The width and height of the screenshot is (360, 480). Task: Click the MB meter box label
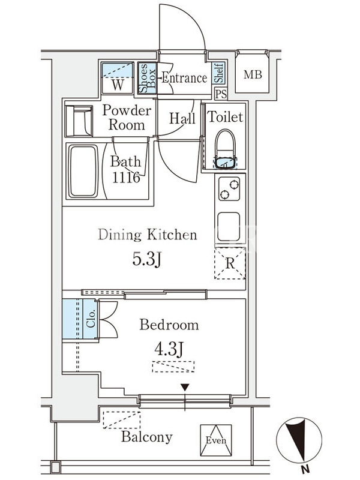click(x=253, y=74)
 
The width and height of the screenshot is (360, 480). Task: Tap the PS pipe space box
click(x=221, y=94)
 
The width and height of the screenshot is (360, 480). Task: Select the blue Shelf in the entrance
click(x=218, y=73)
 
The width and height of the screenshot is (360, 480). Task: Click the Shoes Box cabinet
click(x=147, y=78)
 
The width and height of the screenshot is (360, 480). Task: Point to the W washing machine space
click(x=118, y=78)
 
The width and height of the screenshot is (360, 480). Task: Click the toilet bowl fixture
click(x=226, y=149)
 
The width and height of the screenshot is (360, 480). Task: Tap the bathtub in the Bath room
click(x=83, y=172)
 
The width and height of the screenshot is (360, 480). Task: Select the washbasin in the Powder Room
click(x=79, y=121)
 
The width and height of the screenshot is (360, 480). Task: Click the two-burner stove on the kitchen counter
click(x=229, y=189)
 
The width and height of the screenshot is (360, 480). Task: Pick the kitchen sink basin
click(x=229, y=227)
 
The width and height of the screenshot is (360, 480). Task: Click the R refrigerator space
click(x=230, y=263)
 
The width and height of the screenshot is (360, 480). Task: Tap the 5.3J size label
click(x=146, y=260)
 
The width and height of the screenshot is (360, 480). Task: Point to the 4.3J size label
click(x=169, y=349)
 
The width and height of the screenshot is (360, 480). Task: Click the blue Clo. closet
click(x=80, y=319)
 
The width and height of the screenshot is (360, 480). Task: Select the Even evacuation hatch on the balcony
click(x=216, y=440)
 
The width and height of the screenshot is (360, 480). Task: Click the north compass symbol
click(x=299, y=439)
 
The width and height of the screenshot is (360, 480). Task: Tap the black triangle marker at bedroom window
click(x=185, y=388)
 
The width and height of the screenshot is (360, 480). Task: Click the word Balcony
click(x=146, y=437)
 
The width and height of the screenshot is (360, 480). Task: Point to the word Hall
click(x=182, y=118)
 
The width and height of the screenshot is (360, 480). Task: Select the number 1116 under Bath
click(x=126, y=177)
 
